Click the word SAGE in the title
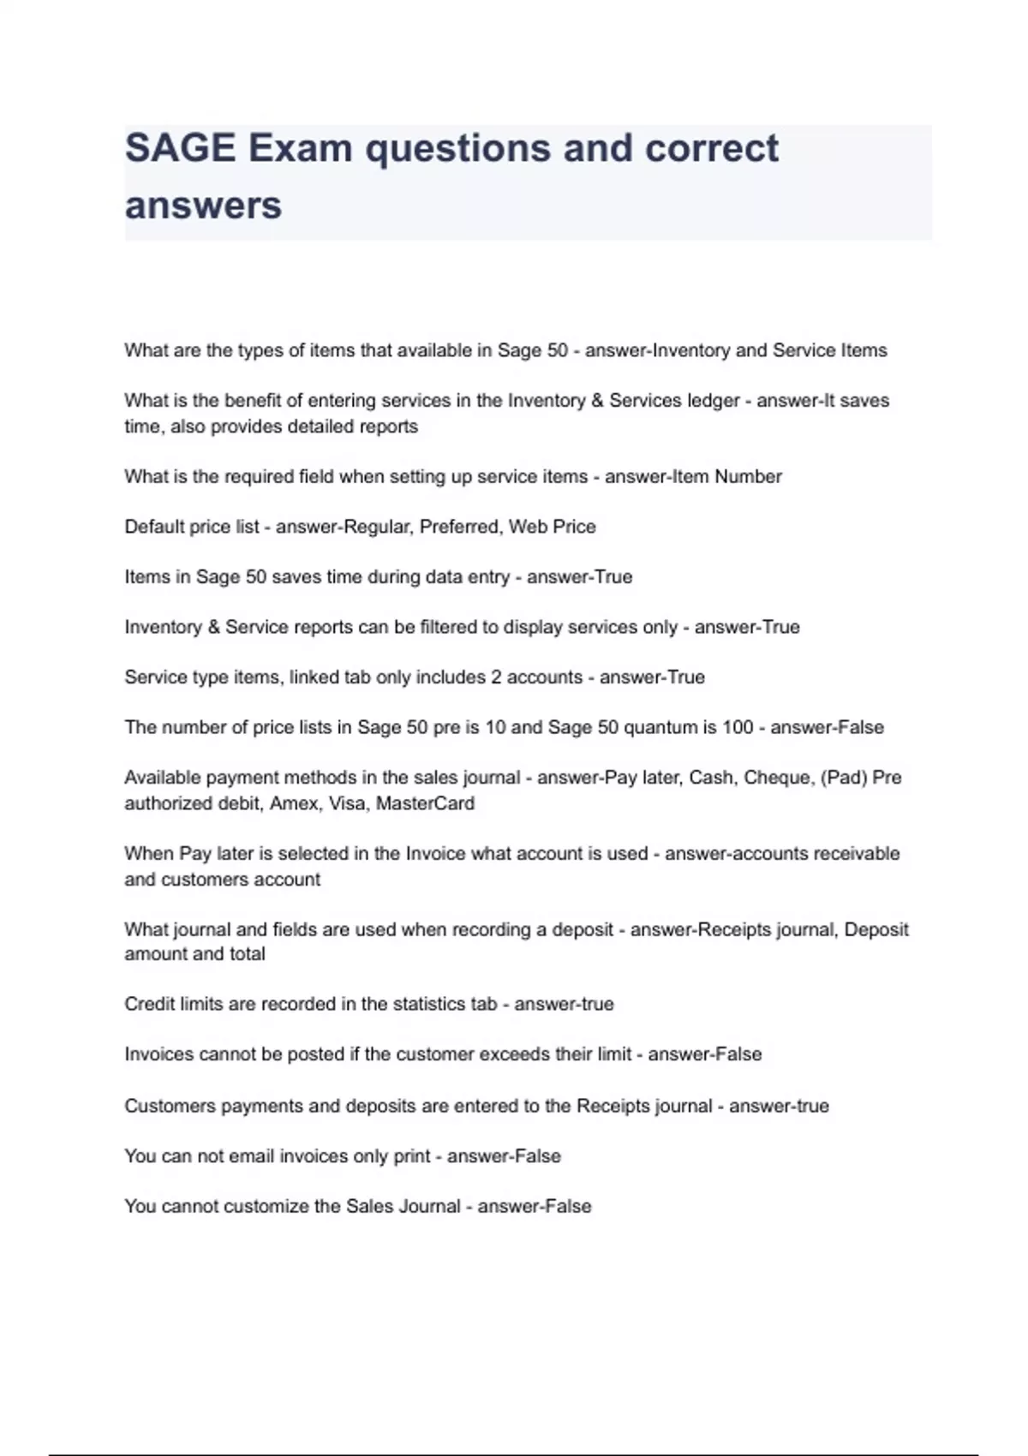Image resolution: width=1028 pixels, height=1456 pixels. [180, 149]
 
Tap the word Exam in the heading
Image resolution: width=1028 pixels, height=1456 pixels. [300, 149]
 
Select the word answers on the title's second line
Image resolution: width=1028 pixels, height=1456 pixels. [203, 206]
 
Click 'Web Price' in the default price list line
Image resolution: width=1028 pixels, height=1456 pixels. [552, 527]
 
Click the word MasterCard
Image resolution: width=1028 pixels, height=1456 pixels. [425, 803]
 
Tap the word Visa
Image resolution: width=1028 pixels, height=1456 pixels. [346, 803]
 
